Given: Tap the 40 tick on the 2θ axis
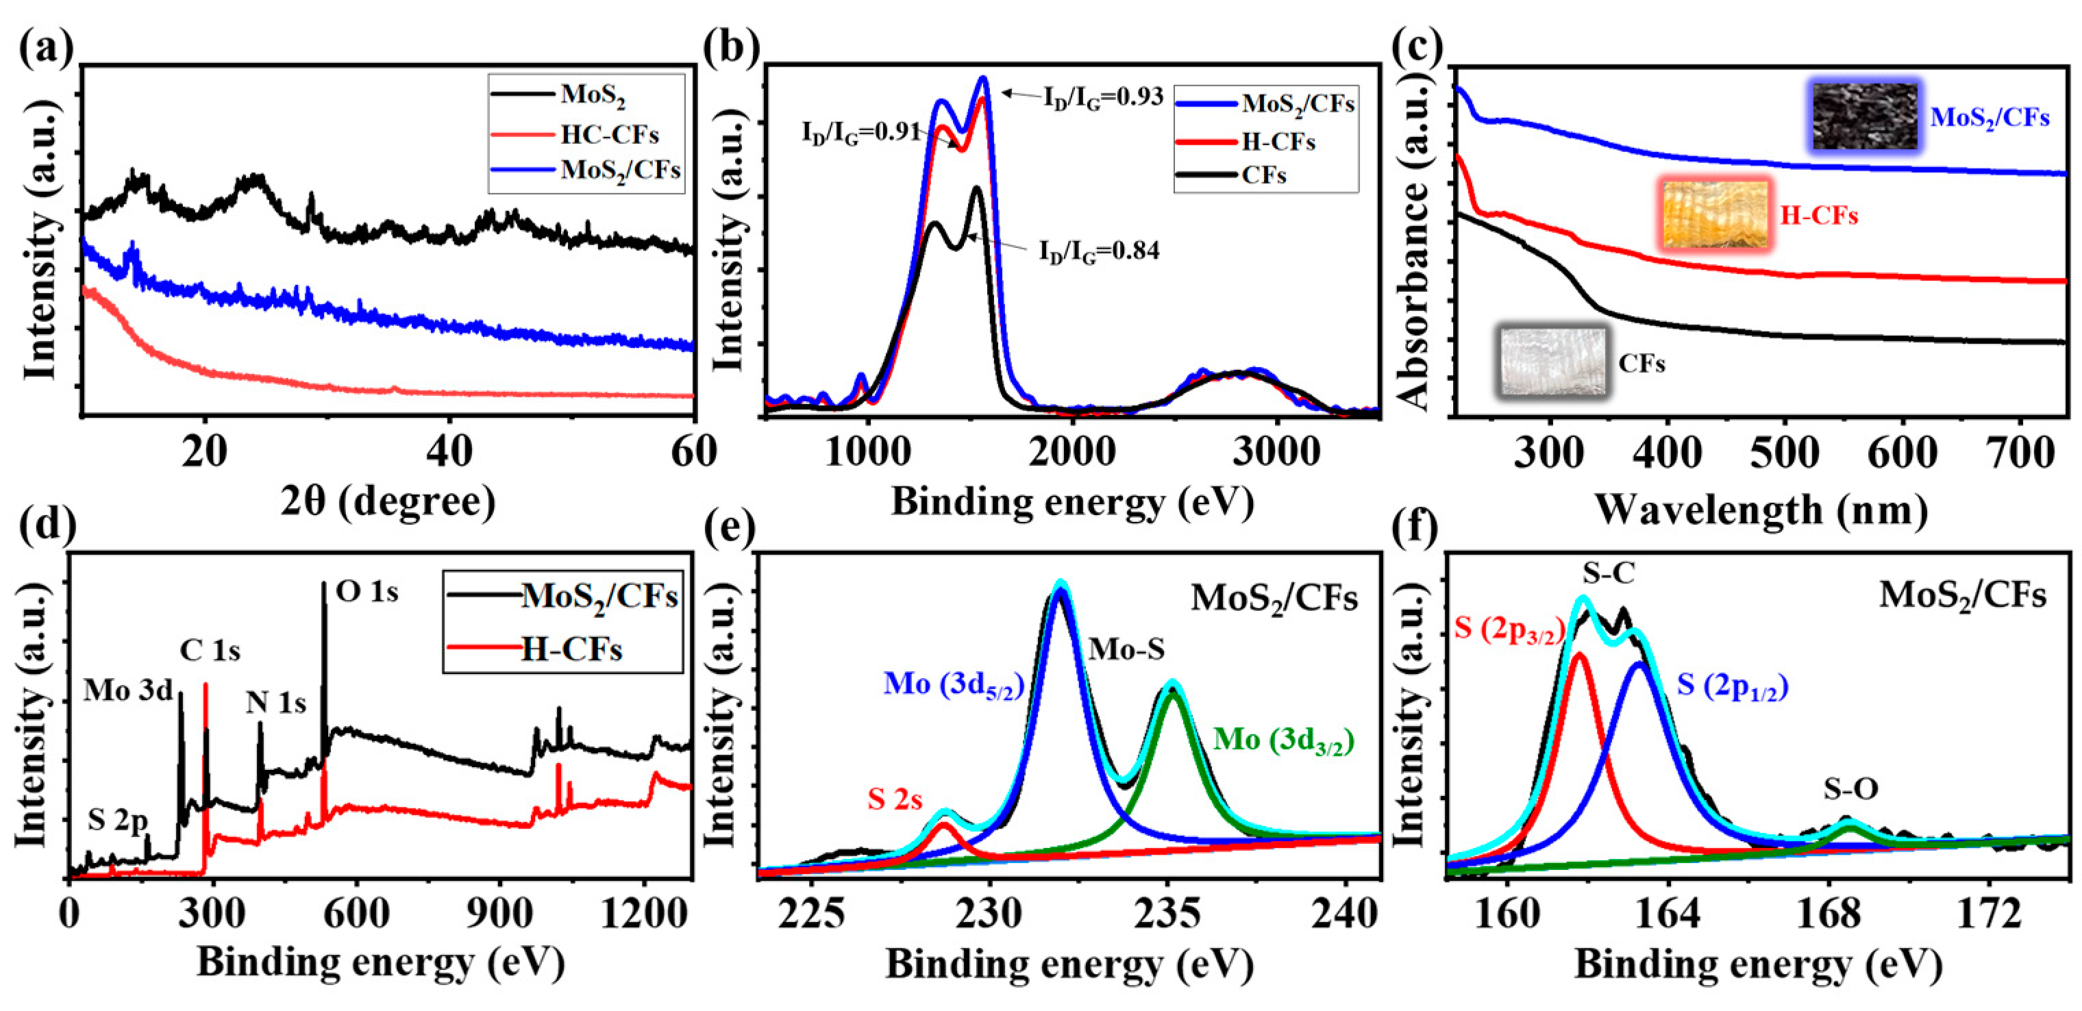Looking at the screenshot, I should pos(449,451).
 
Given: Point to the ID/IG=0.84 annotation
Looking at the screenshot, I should pos(1098,251).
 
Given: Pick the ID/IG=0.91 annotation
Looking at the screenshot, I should pos(860,132).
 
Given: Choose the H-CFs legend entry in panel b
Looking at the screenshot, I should pos(1278,142).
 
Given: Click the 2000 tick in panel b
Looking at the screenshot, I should pos(1073,451).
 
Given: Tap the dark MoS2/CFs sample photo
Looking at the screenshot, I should pos(1863,117).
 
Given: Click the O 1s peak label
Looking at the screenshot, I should pos(367,592).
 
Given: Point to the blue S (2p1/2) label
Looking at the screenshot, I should pos(1732,686).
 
